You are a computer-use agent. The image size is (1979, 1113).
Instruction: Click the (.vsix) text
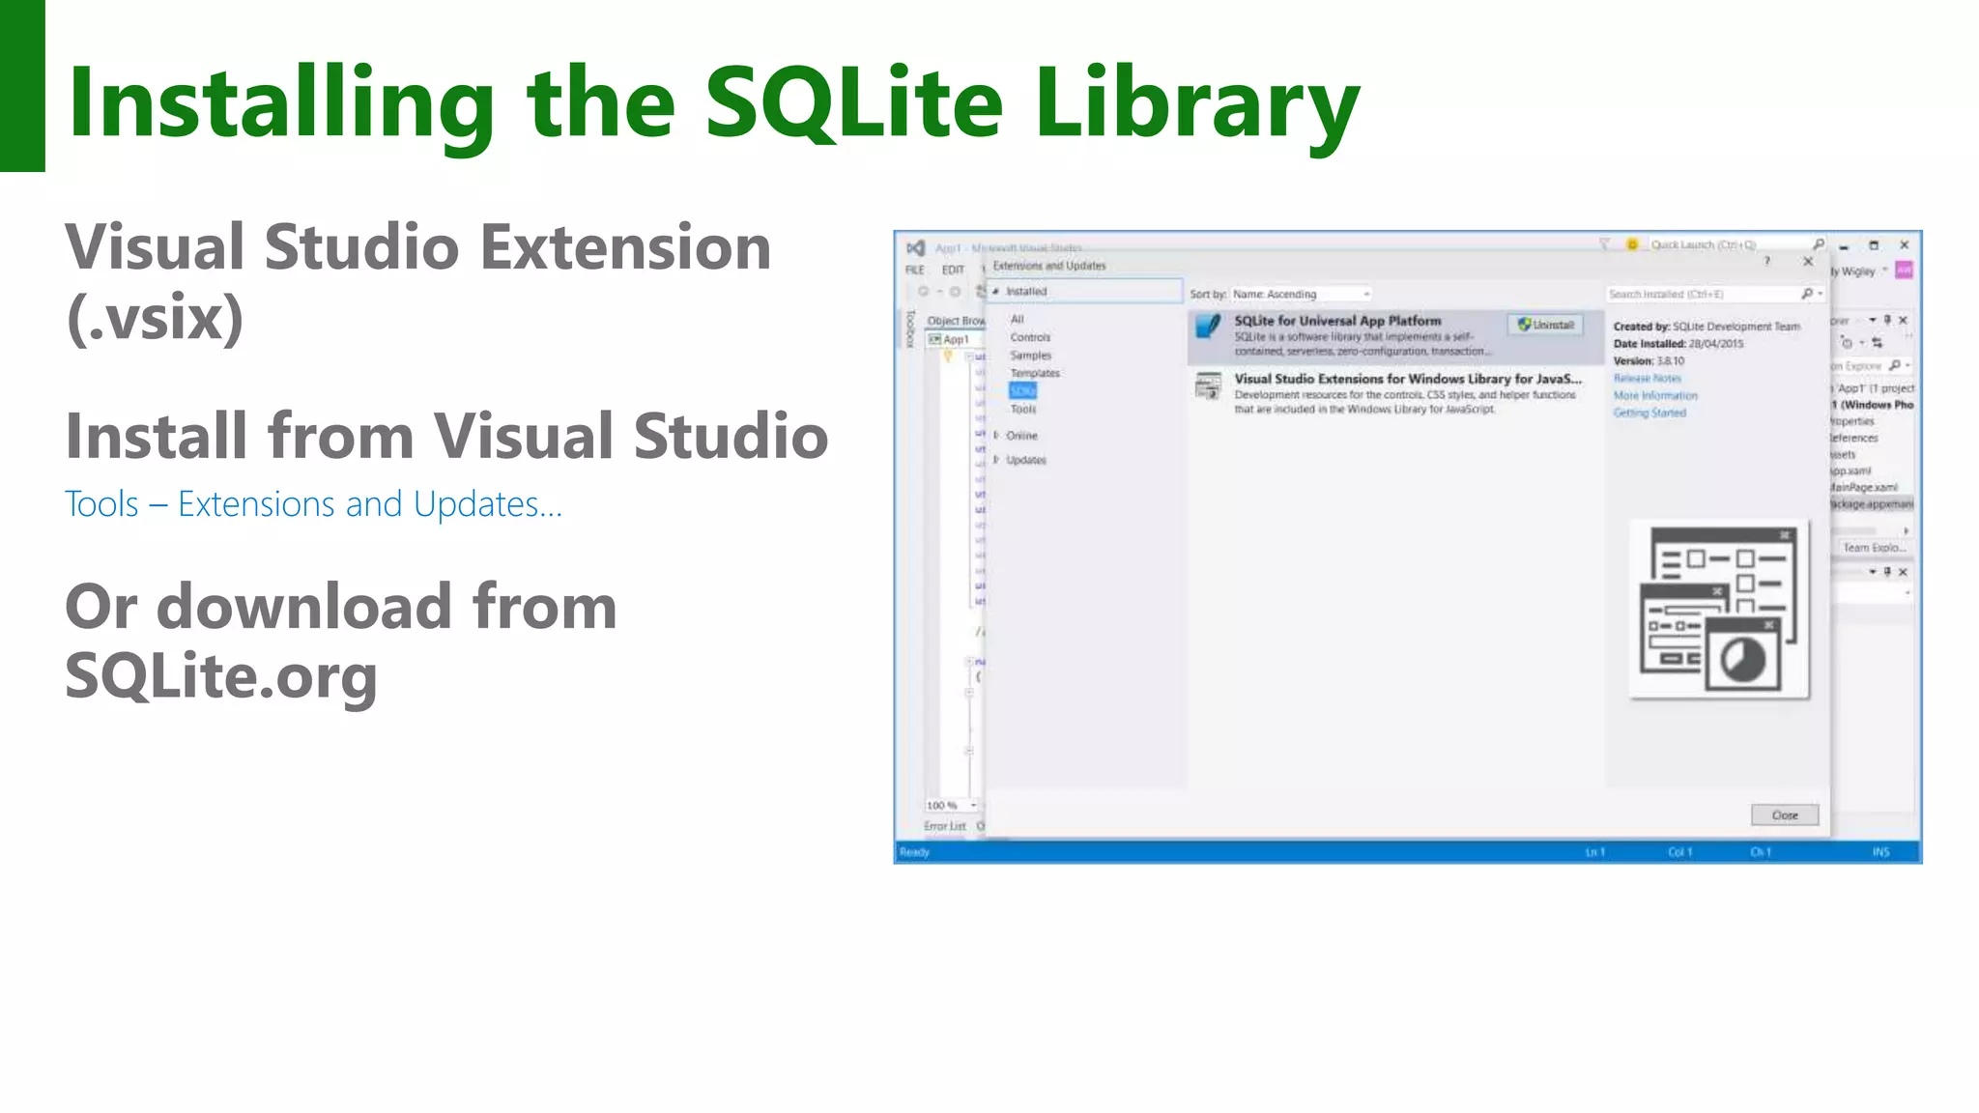(155, 319)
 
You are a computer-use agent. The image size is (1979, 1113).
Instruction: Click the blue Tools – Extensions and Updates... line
(313, 504)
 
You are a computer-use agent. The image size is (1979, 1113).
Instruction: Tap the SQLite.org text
(220, 676)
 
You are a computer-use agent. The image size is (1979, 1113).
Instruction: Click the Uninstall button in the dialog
(1546, 326)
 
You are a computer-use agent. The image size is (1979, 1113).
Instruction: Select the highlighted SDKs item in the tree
(1022, 391)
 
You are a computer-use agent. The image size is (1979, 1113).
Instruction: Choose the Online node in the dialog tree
(1020, 436)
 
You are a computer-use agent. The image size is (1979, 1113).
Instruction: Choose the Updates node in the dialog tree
(1025, 460)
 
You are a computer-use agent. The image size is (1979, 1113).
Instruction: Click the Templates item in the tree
(1035, 373)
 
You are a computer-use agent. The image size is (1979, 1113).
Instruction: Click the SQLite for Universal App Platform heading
(1337, 321)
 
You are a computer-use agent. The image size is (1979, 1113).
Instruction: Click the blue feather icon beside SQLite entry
(1208, 327)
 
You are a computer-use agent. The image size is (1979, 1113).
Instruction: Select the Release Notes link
(1648, 379)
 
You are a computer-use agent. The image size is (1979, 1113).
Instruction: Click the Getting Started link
(1649, 414)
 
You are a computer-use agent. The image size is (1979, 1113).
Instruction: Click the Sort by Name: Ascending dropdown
(1301, 295)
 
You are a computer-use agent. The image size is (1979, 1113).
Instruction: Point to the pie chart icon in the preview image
(1742, 661)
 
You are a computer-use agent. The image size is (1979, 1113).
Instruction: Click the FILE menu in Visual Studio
(915, 271)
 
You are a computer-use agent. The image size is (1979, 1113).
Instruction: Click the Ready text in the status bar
(914, 852)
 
